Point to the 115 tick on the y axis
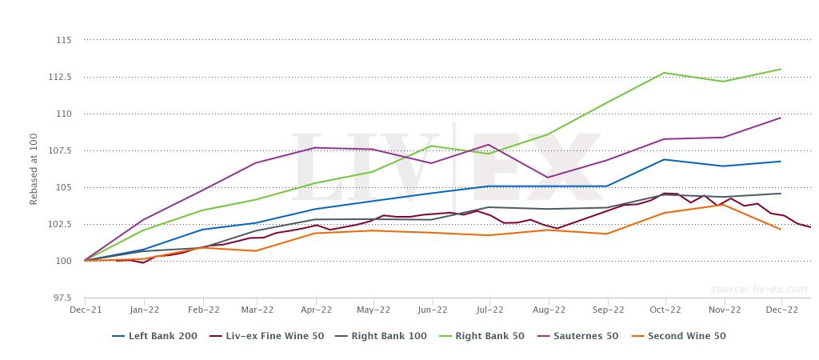[x=65, y=40]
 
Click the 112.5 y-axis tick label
[x=61, y=77]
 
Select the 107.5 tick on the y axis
[x=61, y=150]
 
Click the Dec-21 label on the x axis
[x=84, y=310]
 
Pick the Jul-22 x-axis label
[x=490, y=310]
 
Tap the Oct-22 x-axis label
[x=665, y=310]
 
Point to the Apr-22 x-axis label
[x=316, y=310]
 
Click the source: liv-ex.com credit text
[x=757, y=289]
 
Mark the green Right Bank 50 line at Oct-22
[x=665, y=73]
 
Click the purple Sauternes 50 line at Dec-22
[x=781, y=118]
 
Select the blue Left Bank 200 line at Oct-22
[x=665, y=159]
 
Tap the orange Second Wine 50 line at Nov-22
[x=723, y=205]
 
